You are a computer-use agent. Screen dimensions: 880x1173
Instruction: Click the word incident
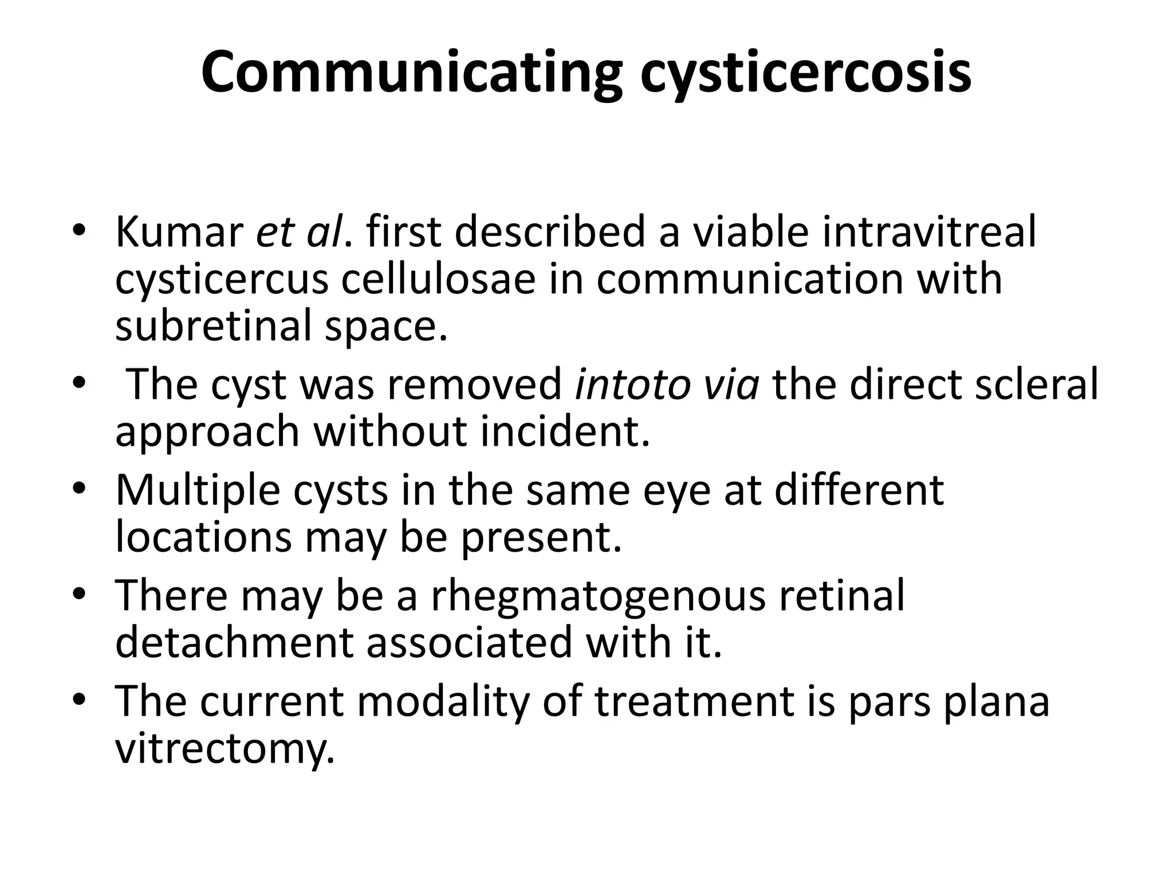point(565,431)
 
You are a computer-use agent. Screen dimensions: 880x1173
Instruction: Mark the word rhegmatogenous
point(597,595)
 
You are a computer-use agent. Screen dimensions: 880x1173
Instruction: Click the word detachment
point(234,642)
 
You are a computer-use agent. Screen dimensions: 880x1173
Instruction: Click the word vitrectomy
point(225,748)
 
